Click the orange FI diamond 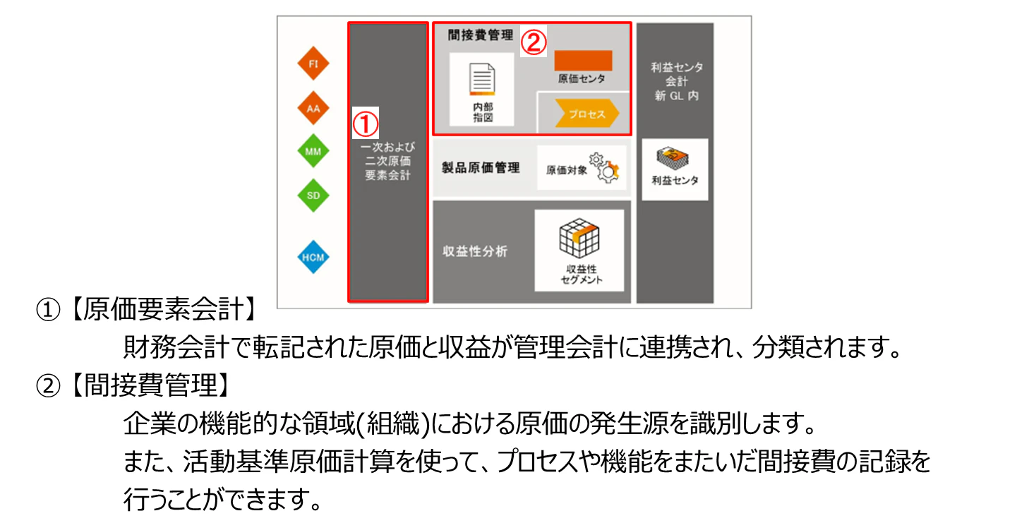pos(313,64)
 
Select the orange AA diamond pos(313,109)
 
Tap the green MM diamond pos(313,151)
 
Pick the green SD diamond pos(313,196)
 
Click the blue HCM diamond pos(313,258)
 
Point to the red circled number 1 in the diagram pos(365,124)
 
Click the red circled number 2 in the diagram pos(534,43)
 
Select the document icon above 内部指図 pos(482,79)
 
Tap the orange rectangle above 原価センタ pos(583,60)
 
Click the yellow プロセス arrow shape pos(586,113)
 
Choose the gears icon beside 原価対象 pos(605,169)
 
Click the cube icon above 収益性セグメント pos(579,238)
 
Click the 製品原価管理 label pos(481,168)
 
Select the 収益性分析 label pos(475,251)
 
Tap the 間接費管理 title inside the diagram pos(481,35)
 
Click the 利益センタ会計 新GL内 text pos(677,81)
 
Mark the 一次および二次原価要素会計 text pos(387,161)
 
